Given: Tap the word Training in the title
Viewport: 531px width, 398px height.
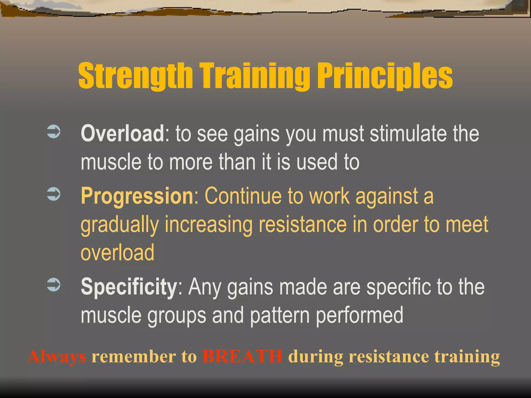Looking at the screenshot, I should (254, 76).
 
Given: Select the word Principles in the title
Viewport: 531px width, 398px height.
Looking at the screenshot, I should (385, 76).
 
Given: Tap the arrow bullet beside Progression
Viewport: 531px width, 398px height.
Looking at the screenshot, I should (54, 194).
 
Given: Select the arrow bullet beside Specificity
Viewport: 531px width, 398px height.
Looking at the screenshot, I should (54, 285).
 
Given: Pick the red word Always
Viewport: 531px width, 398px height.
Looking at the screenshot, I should (57, 357).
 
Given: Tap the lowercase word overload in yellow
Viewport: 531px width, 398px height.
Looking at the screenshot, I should (117, 253).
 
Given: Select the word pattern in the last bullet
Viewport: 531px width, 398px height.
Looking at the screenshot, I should (280, 315).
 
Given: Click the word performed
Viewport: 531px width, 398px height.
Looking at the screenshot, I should (360, 315).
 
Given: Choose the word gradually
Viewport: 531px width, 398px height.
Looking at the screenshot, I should (120, 225).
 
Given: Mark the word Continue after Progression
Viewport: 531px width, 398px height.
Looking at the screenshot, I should (243, 196).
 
